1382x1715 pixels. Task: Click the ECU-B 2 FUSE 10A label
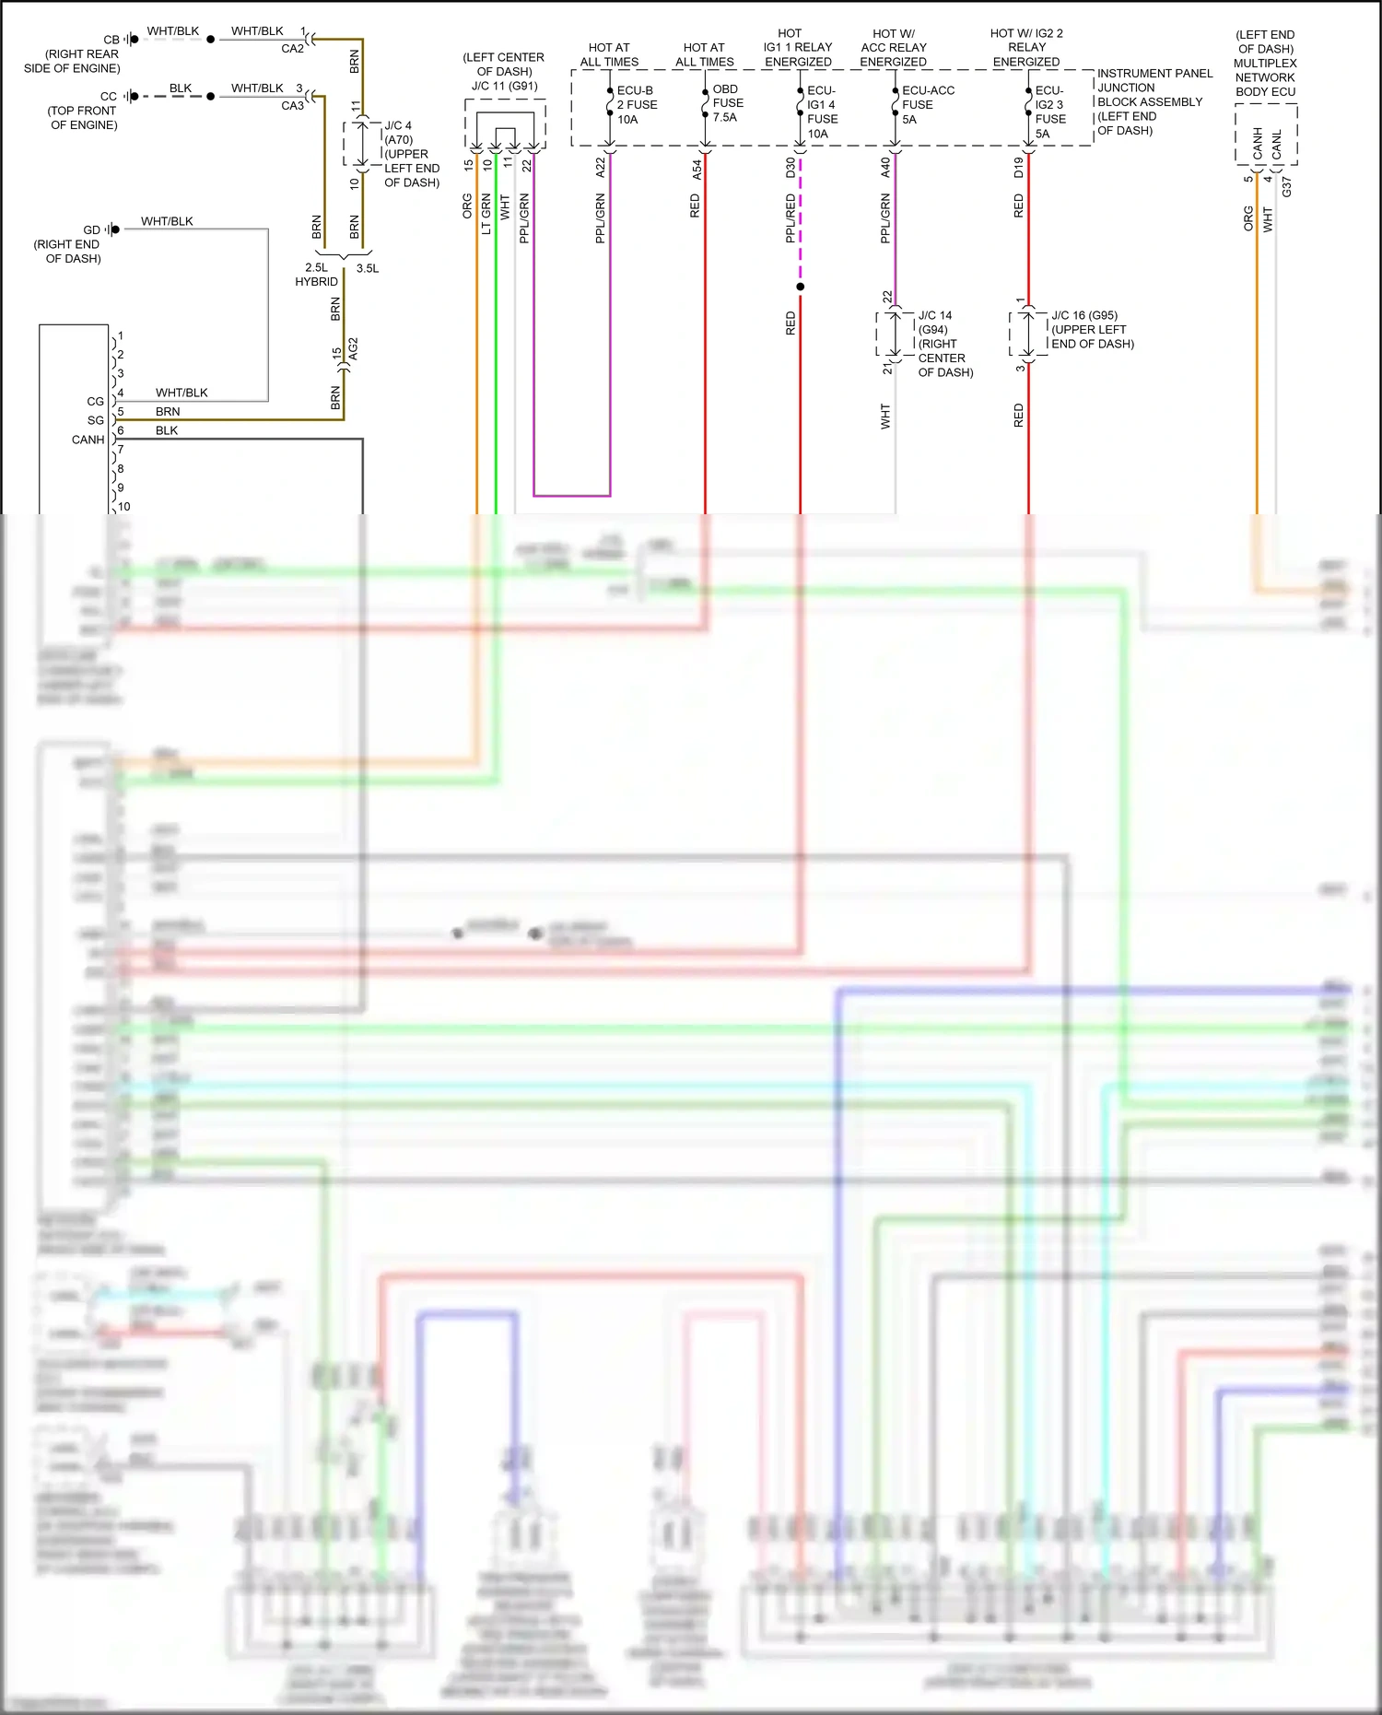point(637,105)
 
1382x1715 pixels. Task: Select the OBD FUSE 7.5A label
point(727,103)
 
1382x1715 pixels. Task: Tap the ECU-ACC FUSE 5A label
point(927,105)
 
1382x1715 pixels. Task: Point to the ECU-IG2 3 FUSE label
point(1049,112)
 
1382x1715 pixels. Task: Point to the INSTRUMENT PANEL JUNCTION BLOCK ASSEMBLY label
point(1154,101)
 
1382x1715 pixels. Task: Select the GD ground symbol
point(111,229)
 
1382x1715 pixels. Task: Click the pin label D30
point(791,168)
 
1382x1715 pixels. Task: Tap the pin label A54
point(697,169)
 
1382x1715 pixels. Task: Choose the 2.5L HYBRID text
point(316,275)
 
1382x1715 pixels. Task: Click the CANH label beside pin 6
point(88,440)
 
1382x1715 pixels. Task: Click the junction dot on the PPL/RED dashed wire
point(800,287)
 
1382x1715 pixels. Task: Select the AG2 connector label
point(353,349)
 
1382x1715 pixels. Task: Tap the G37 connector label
point(1286,186)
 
